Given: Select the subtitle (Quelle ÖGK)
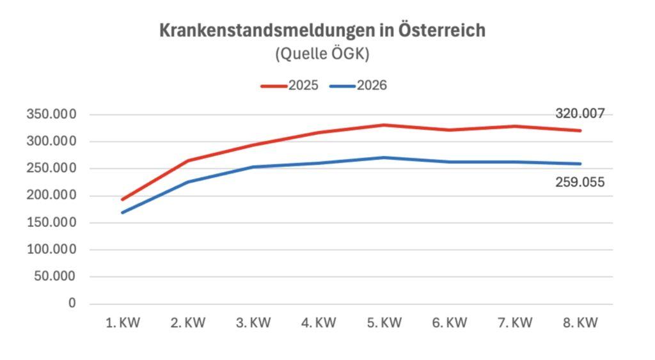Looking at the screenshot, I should (x=322, y=54).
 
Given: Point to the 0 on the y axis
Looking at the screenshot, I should (x=73, y=303).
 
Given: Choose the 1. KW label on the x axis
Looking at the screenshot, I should (x=122, y=323).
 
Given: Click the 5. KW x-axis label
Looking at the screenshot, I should (x=384, y=323).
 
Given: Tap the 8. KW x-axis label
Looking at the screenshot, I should (x=580, y=323).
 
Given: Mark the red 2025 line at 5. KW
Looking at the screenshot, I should (x=384, y=125).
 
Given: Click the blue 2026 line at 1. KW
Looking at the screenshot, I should (x=122, y=212).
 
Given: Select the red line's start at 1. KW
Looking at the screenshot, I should (x=122, y=200).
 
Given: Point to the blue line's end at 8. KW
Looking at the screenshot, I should (x=580, y=164).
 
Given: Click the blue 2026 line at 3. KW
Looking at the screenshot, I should (x=253, y=167).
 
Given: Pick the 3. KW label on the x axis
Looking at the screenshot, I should (x=253, y=323).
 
